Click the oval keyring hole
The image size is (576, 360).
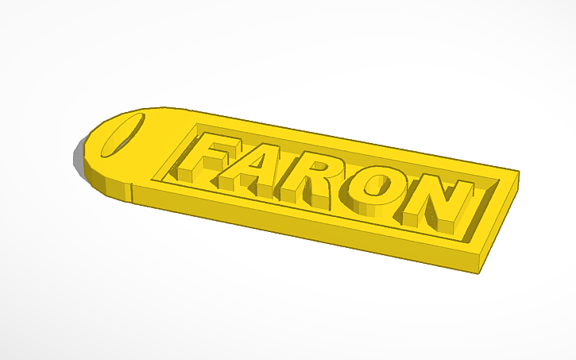click(x=122, y=135)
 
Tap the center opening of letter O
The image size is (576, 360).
click(x=376, y=187)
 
